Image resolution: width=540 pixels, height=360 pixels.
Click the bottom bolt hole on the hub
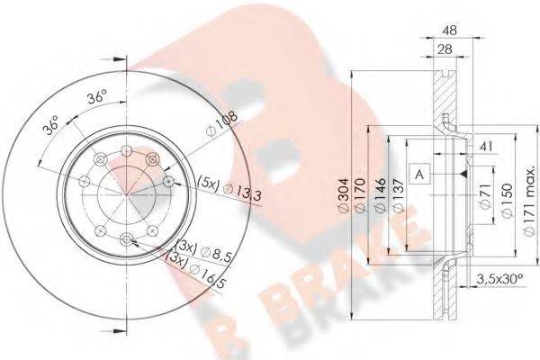126,238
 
